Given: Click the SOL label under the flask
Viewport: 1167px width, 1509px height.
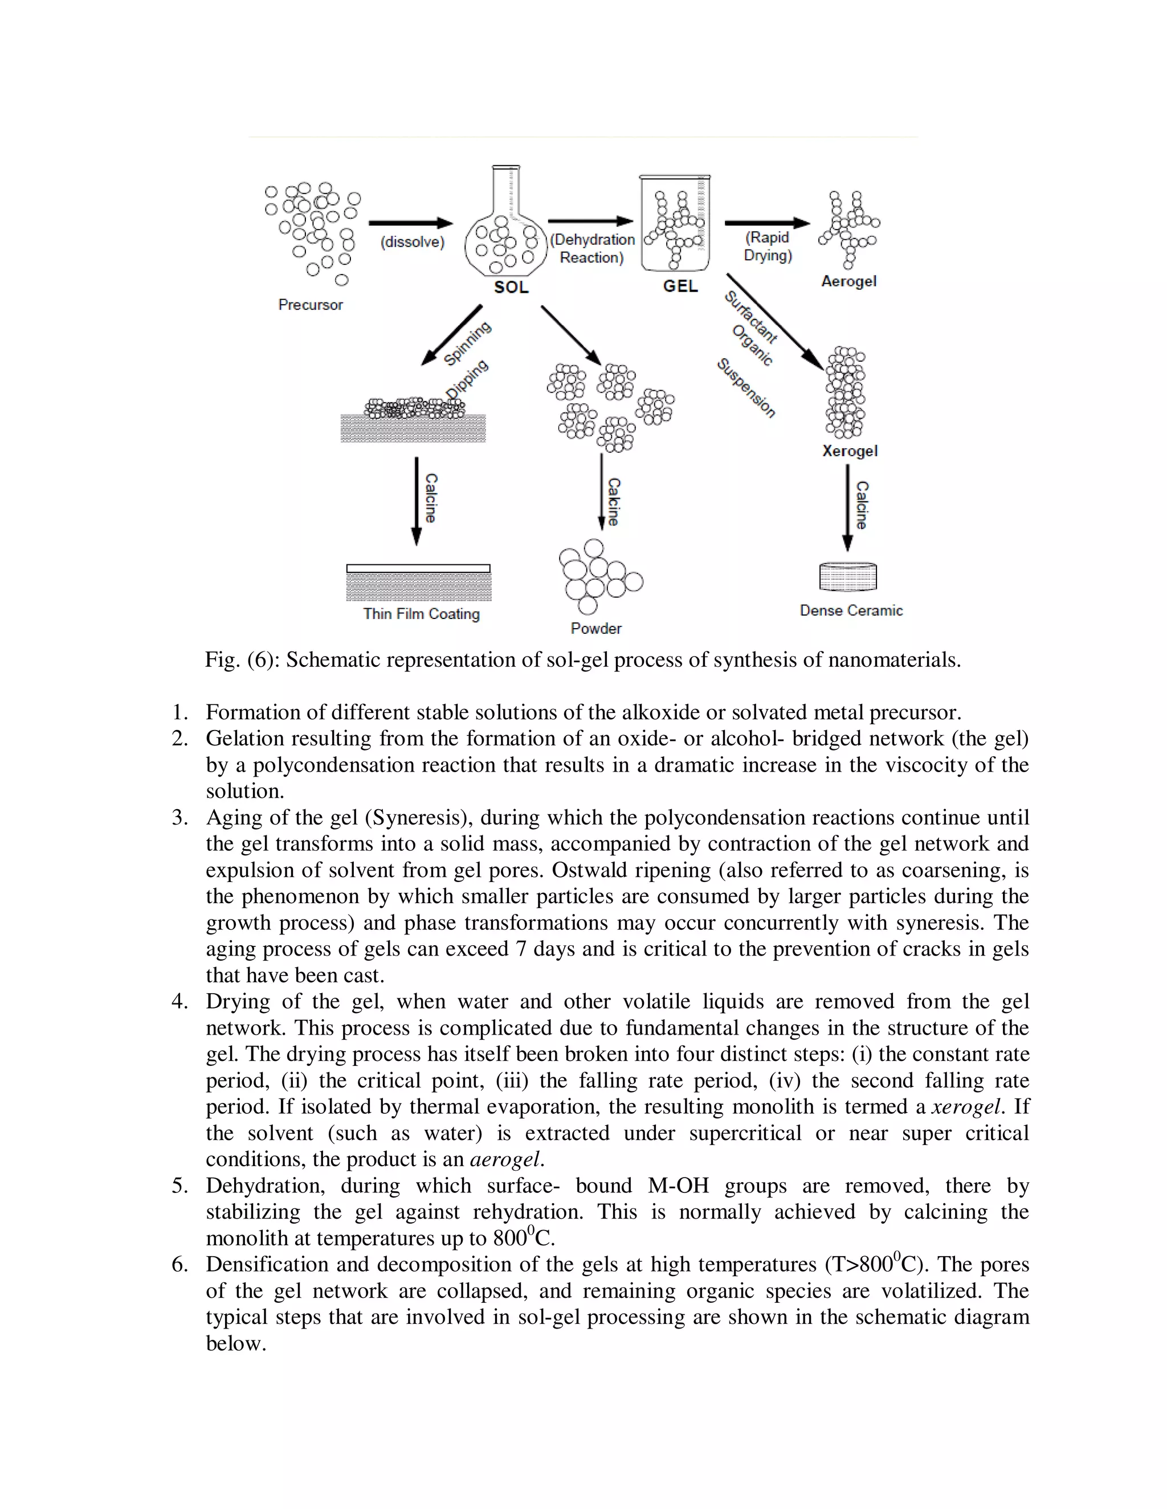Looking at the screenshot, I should [x=511, y=288].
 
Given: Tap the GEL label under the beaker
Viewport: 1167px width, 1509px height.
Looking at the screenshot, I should [x=680, y=286].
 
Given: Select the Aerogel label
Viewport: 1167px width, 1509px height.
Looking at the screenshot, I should [x=848, y=281].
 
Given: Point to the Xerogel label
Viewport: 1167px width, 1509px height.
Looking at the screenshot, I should [x=850, y=451].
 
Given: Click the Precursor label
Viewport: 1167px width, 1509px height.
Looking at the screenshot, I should [x=311, y=305].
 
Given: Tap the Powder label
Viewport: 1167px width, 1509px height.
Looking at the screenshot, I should [x=596, y=629].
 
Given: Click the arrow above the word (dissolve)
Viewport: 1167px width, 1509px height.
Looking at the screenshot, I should [x=411, y=223].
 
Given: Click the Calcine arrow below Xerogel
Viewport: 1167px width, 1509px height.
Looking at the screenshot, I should [x=847, y=508].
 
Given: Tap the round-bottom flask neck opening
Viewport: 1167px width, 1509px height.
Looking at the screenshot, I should [x=506, y=167].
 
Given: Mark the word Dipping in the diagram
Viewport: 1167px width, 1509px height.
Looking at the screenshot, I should [x=467, y=379].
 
